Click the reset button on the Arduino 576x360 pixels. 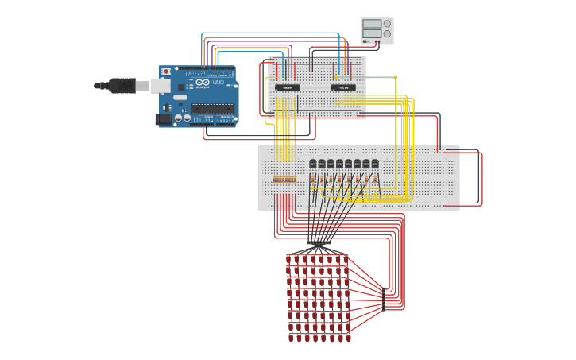click(166, 72)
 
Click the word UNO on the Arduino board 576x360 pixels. click(218, 83)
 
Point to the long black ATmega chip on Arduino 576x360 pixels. click(212, 109)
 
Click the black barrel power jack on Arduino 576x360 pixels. click(164, 118)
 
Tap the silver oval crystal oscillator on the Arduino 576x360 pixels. click(180, 97)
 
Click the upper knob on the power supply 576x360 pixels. click(387, 24)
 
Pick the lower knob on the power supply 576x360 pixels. click(387, 34)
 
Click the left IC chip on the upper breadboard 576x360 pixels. click(287, 87)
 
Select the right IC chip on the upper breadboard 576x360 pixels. click(343, 87)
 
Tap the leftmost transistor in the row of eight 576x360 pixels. click(313, 164)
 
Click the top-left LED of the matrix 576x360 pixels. click(290, 259)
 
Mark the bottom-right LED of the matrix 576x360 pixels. click(346, 338)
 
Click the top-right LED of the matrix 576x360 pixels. click(346, 259)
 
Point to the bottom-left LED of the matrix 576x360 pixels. click(290, 338)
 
